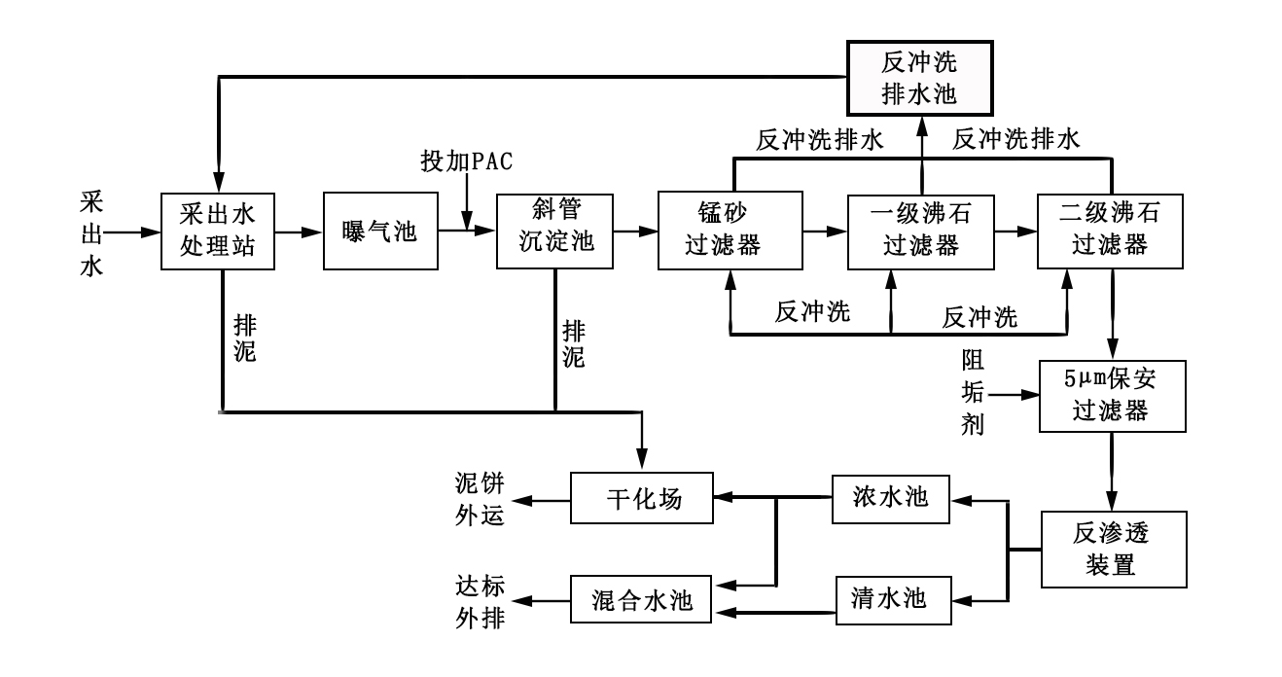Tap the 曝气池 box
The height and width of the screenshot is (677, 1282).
(379, 232)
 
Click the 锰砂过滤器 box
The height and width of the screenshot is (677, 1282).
(730, 232)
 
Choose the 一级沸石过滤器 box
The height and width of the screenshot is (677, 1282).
(920, 232)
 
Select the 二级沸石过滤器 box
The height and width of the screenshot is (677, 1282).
(1110, 232)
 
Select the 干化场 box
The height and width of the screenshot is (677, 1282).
(641, 499)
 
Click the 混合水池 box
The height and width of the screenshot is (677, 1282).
(641, 601)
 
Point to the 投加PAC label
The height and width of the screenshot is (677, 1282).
(467, 161)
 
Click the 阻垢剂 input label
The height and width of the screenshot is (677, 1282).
(973, 396)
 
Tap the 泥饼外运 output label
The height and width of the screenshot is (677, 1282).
(481, 499)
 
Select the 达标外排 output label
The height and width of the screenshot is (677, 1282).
(481, 601)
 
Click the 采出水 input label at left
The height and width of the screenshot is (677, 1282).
(90, 232)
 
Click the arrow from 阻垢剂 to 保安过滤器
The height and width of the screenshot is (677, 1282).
(1016, 396)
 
